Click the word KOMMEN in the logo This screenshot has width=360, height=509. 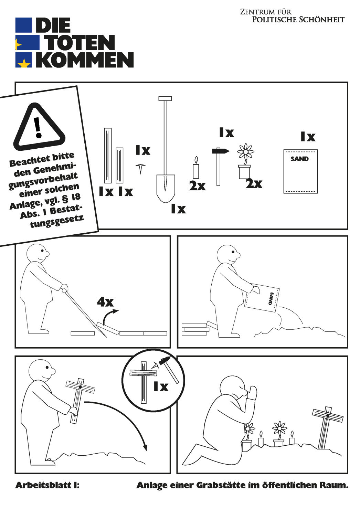(85, 60)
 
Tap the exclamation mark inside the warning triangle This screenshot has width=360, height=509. (38, 127)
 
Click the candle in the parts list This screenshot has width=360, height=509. (196, 168)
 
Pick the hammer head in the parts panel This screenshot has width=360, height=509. (221, 151)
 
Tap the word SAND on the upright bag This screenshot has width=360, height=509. (299, 158)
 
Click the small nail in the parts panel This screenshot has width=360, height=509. (140, 169)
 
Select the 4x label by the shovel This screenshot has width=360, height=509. (105, 302)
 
